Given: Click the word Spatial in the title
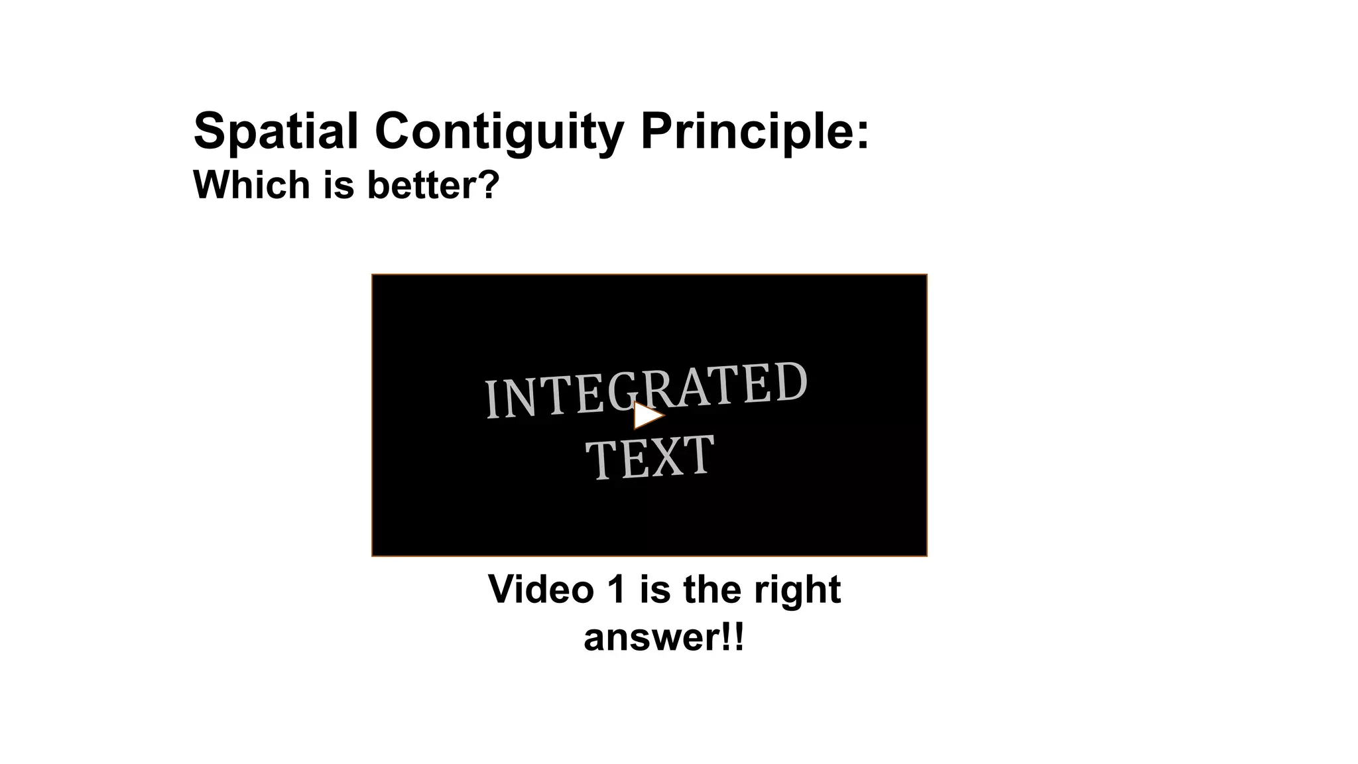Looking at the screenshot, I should point(275,131).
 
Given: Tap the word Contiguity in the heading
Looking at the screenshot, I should point(499,131).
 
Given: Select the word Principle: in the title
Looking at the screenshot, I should point(755,131).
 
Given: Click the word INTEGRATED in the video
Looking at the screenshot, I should point(646,391).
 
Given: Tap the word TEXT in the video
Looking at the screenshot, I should point(650,458).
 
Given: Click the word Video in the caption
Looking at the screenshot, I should point(540,589).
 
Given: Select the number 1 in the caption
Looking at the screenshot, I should point(616,589).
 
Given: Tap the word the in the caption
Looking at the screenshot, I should point(713,589).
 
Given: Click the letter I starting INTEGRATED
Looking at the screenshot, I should point(491,399).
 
